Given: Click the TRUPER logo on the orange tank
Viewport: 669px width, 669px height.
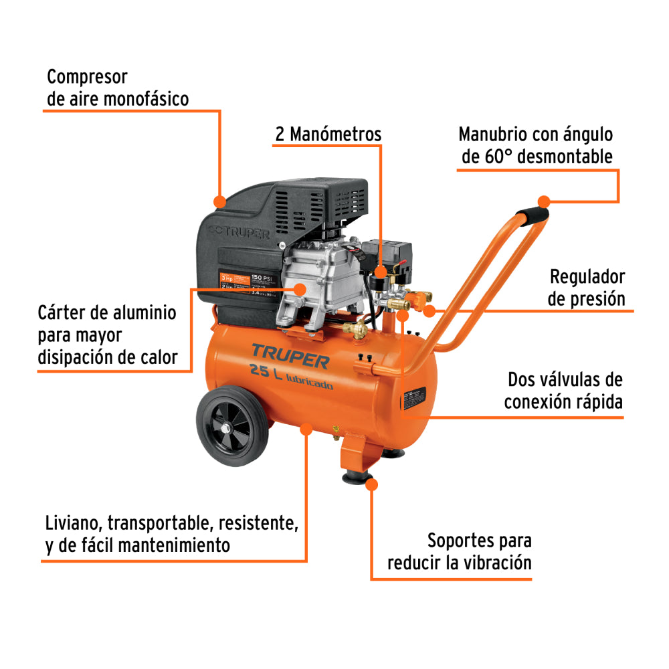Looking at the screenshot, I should point(290,355).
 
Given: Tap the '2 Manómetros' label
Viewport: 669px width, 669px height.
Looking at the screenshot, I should point(328,134).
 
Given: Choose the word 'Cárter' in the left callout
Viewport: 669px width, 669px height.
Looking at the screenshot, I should point(63,312).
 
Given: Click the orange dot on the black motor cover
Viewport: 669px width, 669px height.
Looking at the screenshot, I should point(219,201).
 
